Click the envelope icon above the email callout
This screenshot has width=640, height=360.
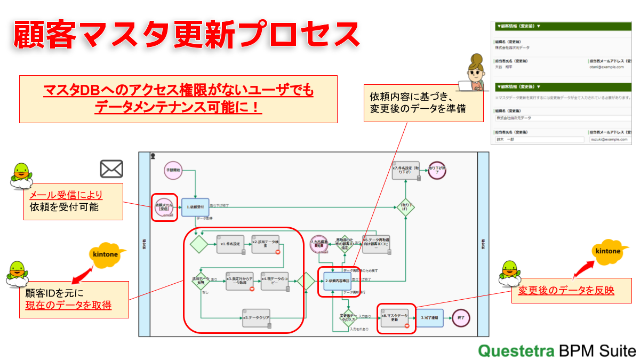click(x=111, y=169)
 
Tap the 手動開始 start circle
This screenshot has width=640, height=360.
click(x=173, y=170)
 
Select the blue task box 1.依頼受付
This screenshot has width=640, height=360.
click(x=195, y=207)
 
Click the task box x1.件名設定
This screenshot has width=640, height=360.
click(x=230, y=244)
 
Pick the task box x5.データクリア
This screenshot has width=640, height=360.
click(x=257, y=318)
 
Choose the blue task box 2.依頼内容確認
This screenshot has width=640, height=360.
click(x=337, y=280)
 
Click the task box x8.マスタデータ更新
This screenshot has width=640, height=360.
click(x=395, y=318)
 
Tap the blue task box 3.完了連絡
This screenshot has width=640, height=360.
click(x=429, y=318)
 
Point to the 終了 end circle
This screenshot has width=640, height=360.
click(x=461, y=318)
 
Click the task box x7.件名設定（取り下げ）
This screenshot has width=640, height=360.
click(x=405, y=171)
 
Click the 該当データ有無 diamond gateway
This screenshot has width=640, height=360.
click(x=201, y=280)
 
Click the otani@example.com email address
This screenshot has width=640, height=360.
click(x=603, y=68)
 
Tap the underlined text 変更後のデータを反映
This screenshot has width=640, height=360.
click(x=566, y=291)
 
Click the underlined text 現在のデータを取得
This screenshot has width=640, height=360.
click(x=68, y=305)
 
